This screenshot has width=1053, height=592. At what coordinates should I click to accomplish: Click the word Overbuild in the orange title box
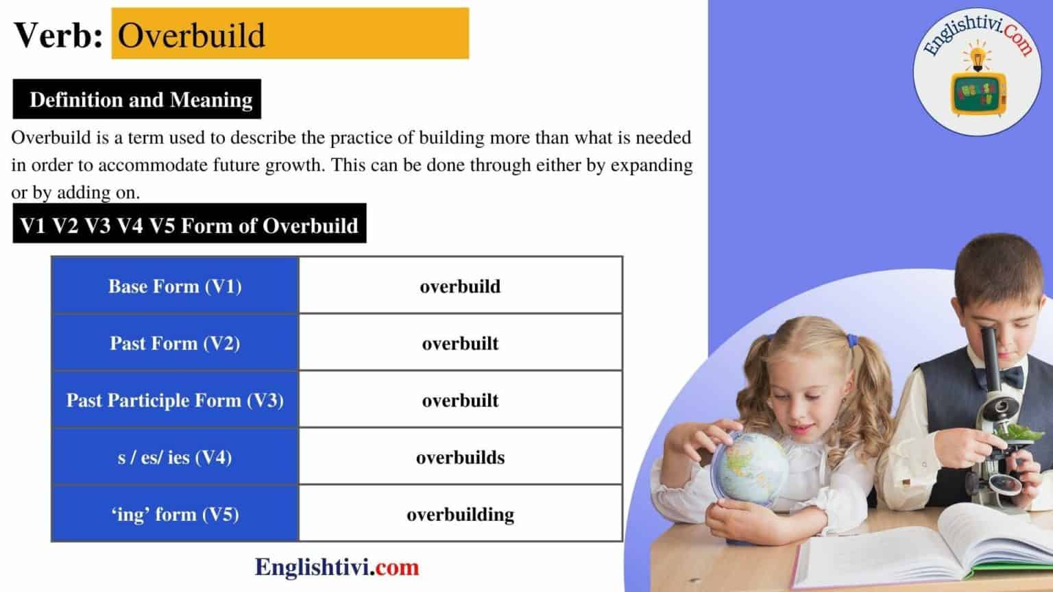191,35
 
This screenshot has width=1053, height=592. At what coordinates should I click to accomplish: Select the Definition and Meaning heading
141,100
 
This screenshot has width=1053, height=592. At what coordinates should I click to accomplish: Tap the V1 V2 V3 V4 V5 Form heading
189,225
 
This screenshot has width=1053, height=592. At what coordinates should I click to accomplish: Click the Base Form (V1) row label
175,286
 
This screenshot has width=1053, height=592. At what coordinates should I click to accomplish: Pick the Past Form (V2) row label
175,343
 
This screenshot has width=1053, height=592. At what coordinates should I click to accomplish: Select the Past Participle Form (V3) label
175,400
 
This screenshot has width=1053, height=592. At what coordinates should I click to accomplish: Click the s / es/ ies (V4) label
175,457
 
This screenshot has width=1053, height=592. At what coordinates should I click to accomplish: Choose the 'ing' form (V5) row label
175,514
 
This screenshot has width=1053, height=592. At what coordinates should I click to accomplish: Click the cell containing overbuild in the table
460,286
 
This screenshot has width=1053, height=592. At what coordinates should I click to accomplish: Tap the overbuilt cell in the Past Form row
460,343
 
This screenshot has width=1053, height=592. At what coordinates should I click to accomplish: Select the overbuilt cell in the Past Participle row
460,400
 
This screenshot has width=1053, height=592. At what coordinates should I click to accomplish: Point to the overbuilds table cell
460,457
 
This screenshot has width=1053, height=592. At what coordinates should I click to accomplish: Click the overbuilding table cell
460,514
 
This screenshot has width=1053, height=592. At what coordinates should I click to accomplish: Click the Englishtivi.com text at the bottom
337,567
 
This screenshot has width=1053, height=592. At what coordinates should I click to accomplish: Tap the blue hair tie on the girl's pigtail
852,341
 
